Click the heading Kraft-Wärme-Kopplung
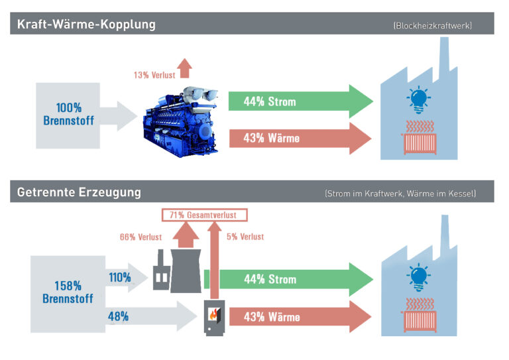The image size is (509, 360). click(86, 25)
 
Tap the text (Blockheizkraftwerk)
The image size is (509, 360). click(432, 26)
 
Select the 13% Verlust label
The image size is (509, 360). click(154, 76)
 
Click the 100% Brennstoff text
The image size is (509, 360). click(68, 114)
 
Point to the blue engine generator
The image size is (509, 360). click(181, 122)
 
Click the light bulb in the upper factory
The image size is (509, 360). click(419, 99)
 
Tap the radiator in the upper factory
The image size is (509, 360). click(419, 138)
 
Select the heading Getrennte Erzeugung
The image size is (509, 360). click(79, 192)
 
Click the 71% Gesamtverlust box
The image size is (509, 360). click(205, 215)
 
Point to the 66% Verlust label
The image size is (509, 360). click(141, 237)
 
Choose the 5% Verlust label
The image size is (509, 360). click(245, 237)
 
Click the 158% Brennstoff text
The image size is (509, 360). click(68, 292)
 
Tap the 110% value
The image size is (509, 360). click(120, 278)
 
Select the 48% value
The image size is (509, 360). click(118, 316)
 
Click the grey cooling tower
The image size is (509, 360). click(186, 270)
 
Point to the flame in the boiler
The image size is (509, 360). click(213, 314)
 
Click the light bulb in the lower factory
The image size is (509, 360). click(419, 278)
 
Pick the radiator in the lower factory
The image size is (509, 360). click(419, 316)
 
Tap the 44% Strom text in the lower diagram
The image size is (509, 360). click(270, 279)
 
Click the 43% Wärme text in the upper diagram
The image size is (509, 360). click(271, 139)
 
